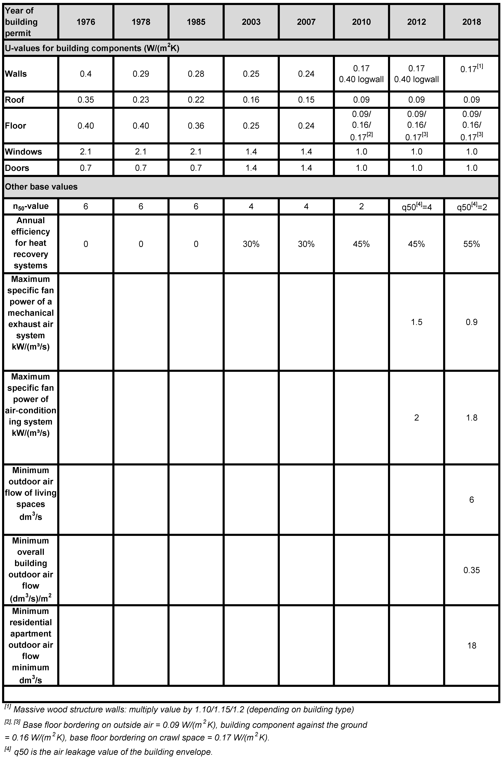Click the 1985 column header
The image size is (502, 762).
click(x=196, y=22)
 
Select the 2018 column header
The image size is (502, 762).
click(x=472, y=22)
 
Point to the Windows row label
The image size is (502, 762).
click(x=23, y=152)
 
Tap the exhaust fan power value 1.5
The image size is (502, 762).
click(x=417, y=322)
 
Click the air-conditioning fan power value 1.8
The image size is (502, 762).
click(x=472, y=417)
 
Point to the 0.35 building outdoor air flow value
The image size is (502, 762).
click(x=472, y=570)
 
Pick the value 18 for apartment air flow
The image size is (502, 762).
click(x=472, y=646)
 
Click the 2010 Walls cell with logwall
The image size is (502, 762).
click(x=361, y=74)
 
